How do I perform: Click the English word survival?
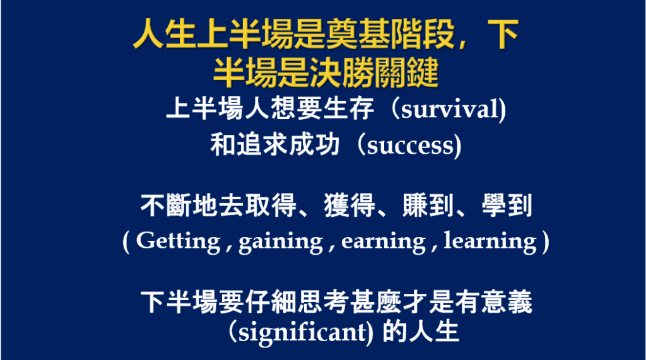(450, 110)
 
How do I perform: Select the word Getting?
(178, 241)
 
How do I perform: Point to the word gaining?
(281, 241)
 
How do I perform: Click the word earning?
(383, 241)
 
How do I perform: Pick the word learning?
(490, 241)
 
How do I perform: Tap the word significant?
(303, 332)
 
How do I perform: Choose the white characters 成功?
(314, 145)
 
